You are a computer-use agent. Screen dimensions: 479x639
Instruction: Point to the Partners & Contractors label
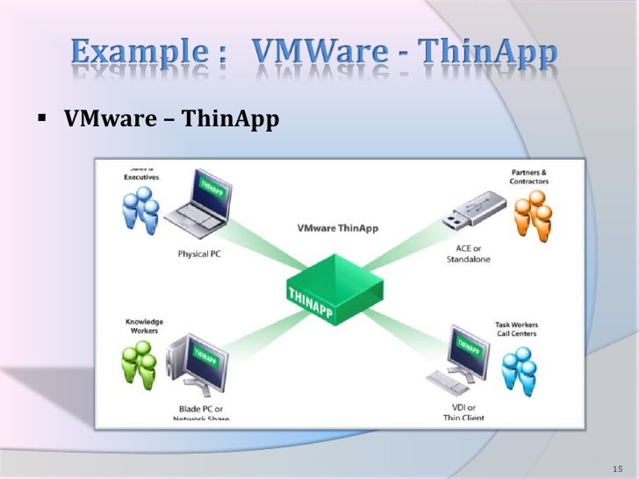(x=529, y=176)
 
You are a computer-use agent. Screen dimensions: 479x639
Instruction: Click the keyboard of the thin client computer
(x=444, y=383)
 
